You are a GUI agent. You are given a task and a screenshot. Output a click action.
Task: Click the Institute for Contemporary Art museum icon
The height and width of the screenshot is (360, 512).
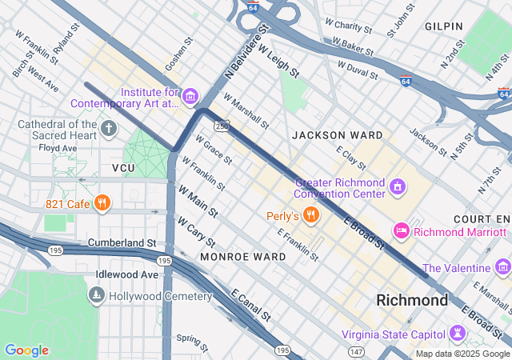point(190,98)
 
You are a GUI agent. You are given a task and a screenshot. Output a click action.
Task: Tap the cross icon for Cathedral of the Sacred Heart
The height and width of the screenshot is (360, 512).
point(109,129)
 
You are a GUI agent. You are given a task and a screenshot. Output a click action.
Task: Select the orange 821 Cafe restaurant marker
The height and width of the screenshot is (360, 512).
point(101,203)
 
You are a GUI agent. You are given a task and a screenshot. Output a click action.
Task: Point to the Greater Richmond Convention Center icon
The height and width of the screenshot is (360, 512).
point(398,186)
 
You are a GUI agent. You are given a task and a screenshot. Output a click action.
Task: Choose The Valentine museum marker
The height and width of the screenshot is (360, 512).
point(502,267)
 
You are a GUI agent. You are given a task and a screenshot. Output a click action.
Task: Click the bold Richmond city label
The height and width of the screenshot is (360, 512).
point(412,301)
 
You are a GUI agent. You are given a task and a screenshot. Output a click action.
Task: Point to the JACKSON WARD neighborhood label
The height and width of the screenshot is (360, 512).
point(337,135)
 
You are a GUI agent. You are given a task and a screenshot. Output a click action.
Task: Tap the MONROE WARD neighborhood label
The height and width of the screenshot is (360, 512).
point(242,257)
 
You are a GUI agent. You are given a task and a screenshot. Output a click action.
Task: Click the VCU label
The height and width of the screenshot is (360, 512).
point(123,168)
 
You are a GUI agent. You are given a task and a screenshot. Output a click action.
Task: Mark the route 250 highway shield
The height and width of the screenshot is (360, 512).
point(222,125)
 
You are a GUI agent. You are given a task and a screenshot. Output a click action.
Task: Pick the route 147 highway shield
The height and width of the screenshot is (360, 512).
point(355,350)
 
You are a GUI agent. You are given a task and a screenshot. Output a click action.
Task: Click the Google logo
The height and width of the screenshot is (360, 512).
point(26,350)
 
